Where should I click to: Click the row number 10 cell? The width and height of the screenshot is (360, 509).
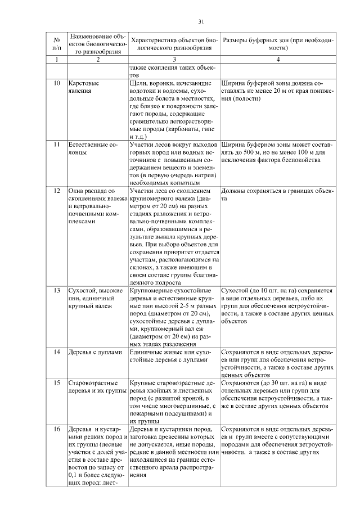coord(57,83)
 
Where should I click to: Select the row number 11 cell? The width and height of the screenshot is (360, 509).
coord(57,145)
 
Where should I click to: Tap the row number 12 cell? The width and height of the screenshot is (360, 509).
coord(57,192)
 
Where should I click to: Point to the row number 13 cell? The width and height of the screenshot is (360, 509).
coord(57,290)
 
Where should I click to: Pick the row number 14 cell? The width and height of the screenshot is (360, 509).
coord(57,352)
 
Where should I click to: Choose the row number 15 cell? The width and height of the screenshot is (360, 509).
coord(57,382)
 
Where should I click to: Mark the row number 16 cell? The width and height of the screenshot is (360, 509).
coord(57,429)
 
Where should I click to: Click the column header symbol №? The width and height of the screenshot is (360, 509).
coord(57,40)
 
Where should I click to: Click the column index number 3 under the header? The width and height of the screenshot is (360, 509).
coord(174,60)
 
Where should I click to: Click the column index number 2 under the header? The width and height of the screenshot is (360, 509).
coord(98,60)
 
